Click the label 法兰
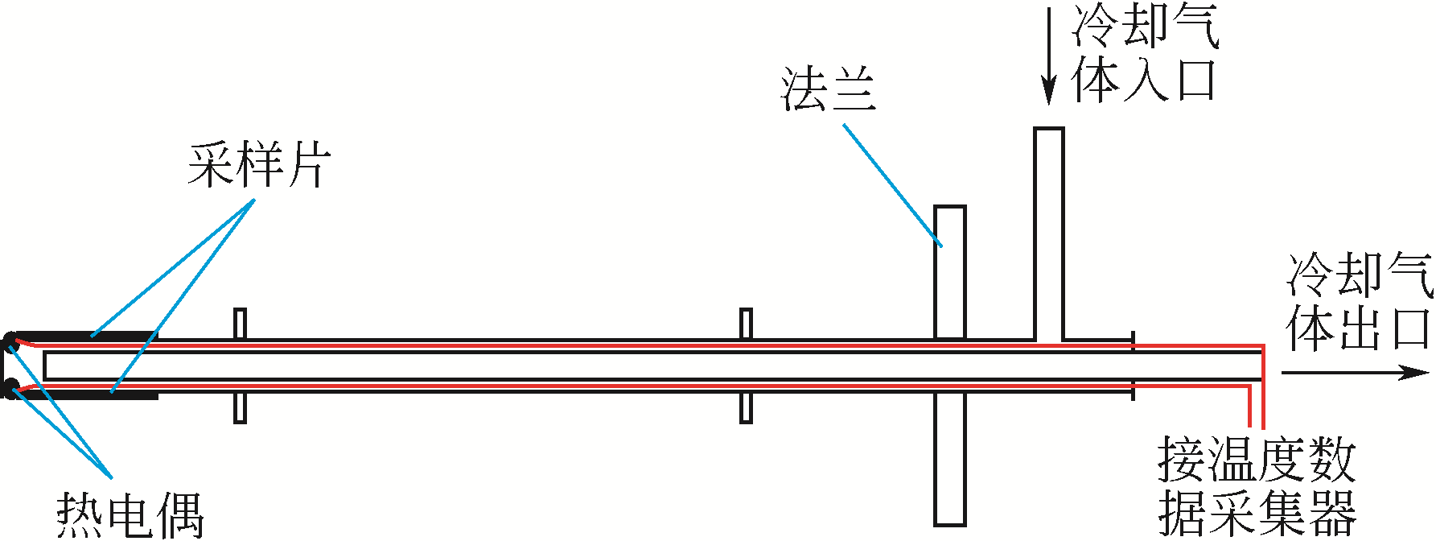(829, 89)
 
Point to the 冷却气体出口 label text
(1360, 303)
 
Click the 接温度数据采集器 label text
(1257, 486)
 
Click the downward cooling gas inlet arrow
(1048, 56)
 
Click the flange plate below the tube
(949, 459)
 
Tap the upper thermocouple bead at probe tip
(10, 341)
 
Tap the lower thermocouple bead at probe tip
(10, 390)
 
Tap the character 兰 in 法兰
(853, 89)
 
